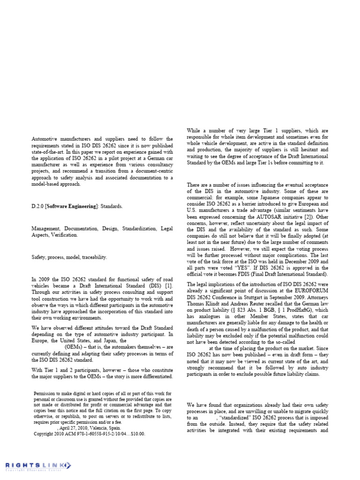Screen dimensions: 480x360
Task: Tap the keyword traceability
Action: pyautogui.click(x=95, y=257)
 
